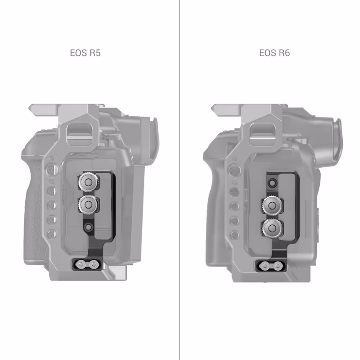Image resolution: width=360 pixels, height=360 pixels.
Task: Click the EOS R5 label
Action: click(x=85, y=53)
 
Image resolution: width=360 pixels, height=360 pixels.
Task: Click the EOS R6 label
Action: click(x=274, y=53)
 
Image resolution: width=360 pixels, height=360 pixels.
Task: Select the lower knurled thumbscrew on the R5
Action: click(x=88, y=204)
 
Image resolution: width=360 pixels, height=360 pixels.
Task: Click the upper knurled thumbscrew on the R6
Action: click(x=272, y=205)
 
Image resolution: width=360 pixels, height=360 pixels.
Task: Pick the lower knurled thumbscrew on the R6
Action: click(x=272, y=227)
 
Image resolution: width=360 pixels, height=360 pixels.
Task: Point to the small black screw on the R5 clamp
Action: click(x=88, y=227)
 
